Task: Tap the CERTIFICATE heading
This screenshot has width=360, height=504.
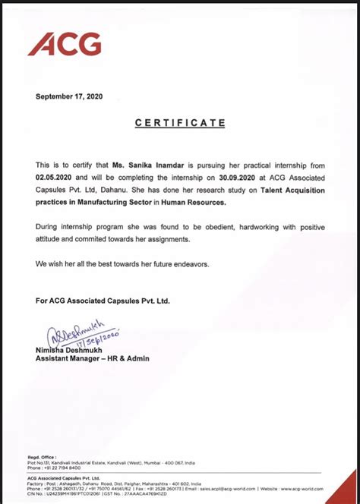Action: coord(180,122)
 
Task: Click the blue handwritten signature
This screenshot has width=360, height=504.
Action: coord(80,333)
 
